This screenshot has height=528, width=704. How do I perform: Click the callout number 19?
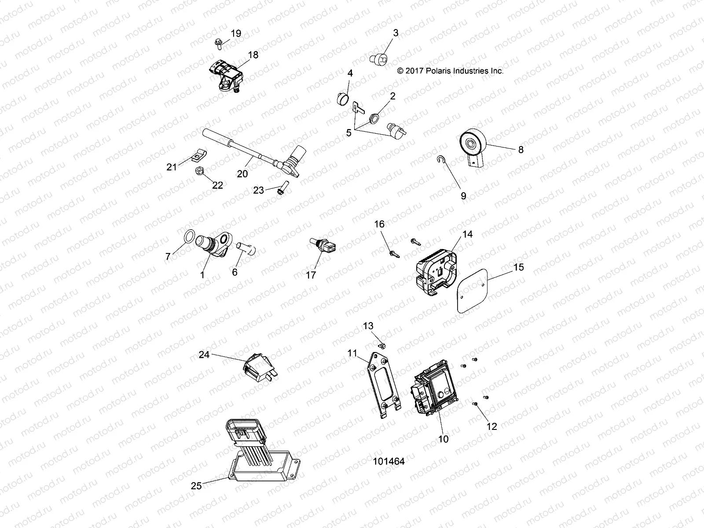236,33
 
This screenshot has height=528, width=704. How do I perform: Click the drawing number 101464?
389,462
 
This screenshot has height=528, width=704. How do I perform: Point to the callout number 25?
196,486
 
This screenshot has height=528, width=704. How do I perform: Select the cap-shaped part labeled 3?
379,58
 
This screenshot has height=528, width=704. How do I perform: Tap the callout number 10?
444,439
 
